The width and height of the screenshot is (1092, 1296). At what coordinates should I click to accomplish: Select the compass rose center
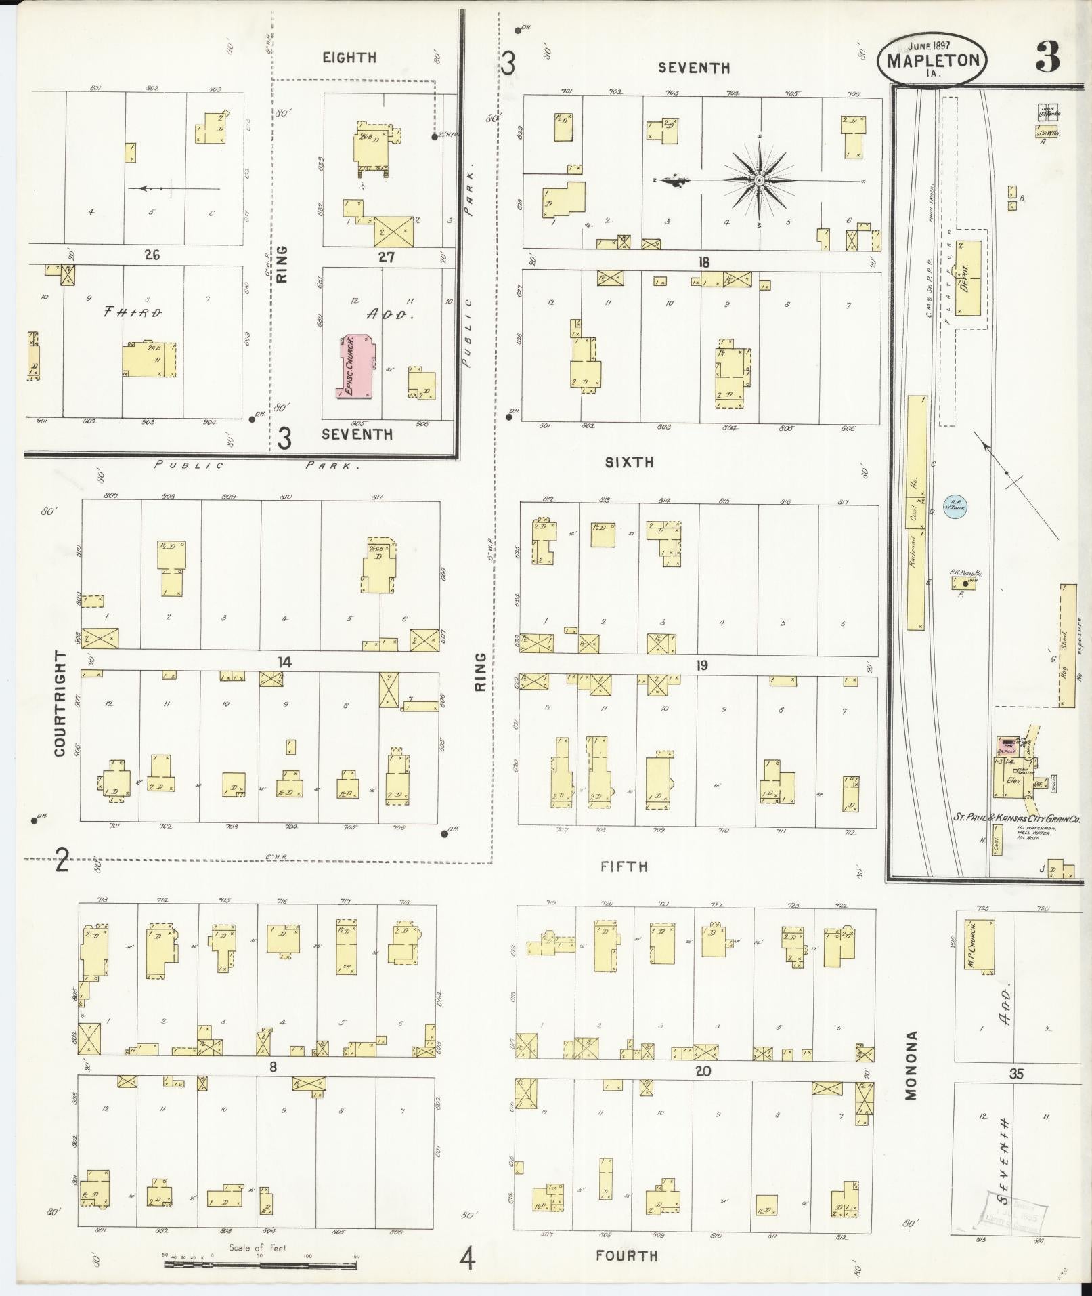759,180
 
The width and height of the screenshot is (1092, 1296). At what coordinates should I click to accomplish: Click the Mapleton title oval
932,60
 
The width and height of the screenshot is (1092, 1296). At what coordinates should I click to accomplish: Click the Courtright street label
61,705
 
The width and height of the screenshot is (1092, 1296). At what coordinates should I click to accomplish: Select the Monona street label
911,1075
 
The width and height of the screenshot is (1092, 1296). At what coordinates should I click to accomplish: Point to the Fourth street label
626,1256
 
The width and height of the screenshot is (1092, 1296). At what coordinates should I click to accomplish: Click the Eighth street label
349,58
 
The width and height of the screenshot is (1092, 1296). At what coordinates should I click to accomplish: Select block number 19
701,665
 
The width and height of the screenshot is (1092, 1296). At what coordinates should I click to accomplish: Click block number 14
285,662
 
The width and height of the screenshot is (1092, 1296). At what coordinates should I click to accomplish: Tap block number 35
1015,1074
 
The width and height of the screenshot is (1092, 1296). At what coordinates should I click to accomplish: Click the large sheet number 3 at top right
1047,60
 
